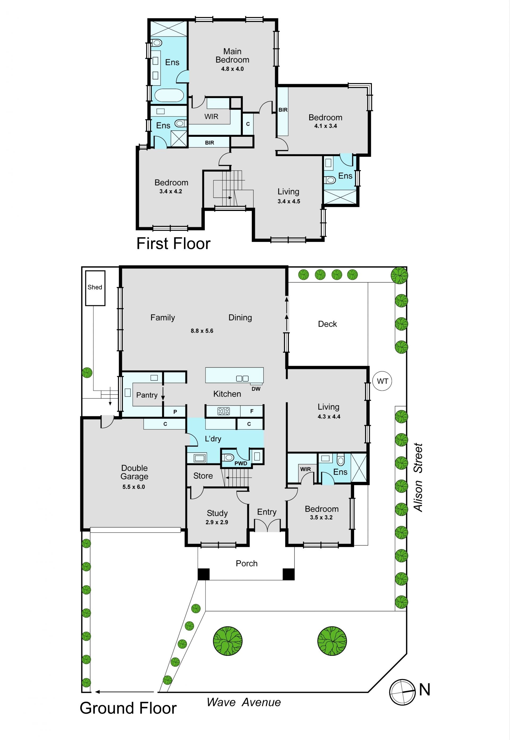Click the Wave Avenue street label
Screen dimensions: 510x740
244,702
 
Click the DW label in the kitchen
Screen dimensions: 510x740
256,389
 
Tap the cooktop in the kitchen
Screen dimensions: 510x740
224,411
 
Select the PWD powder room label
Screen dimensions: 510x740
241,463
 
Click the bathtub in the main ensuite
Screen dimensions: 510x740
169,95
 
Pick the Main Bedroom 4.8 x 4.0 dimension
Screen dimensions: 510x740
232,69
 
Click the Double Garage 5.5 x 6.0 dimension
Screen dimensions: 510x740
134,487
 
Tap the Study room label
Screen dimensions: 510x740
217,513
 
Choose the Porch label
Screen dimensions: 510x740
247,563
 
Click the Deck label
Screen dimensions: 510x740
328,324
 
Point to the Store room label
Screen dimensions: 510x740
203,476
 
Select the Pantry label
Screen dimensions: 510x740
147,395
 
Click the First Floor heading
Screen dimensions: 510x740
173,244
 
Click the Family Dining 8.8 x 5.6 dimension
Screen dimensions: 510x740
202,331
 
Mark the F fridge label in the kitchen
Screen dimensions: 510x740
252,411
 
